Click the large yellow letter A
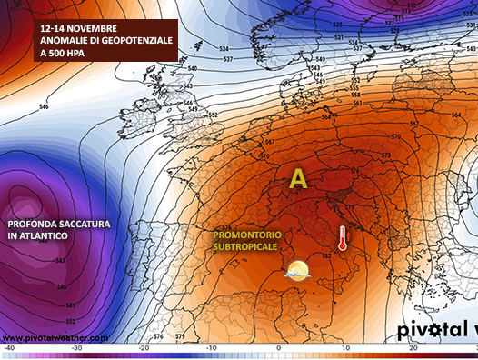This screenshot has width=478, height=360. (x=298, y=180)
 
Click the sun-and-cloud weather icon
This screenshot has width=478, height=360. (x=297, y=270)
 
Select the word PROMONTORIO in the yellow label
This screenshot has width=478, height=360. (x=246, y=235)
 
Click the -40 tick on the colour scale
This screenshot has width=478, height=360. (x=9, y=348)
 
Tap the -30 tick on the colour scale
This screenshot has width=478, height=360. (x=76, y=348)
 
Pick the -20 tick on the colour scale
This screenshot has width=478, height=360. (x=144, y=348)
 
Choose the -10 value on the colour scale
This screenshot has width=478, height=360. (x=211, y=348)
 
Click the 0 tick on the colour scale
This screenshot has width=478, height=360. (x=278, y=348)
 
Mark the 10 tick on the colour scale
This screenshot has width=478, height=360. (x=345, y=348)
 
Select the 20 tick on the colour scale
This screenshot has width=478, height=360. (x=413, y=348)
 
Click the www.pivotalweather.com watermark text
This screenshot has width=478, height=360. (x=55, y=337)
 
